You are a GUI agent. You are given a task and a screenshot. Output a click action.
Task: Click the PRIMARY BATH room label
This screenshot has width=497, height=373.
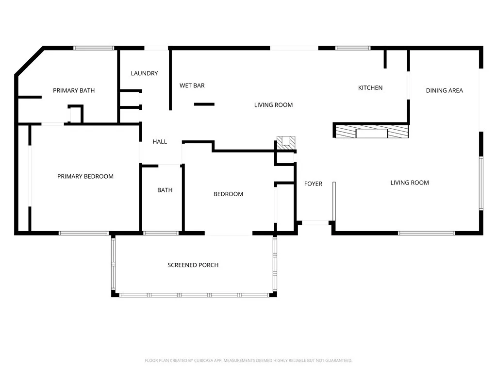point(74,90)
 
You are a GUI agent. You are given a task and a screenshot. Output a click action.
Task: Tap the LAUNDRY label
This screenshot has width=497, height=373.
point(144,73)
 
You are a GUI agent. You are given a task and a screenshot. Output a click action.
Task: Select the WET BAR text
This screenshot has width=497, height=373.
point(192,85)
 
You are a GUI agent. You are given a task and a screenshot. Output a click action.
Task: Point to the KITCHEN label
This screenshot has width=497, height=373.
point(370,88)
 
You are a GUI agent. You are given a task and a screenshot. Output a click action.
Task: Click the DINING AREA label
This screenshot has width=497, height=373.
point(444,90)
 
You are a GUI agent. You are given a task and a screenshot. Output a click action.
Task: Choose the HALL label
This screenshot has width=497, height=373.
point(160,142)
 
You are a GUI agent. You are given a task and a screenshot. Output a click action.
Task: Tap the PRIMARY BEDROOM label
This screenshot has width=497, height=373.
point(85,176)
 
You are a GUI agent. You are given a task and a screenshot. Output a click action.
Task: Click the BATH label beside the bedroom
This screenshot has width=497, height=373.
point(165,190)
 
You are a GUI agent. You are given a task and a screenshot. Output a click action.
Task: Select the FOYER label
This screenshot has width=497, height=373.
point(313,184)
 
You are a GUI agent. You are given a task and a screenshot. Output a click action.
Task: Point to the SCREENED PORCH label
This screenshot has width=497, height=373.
point(193,265)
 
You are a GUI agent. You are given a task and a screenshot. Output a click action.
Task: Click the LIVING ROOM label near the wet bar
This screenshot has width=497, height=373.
point(273,105)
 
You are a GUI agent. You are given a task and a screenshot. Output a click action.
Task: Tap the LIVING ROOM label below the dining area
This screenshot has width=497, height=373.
point(410,183)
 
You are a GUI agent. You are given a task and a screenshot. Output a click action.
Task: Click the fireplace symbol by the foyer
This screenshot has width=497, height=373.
point(286,142)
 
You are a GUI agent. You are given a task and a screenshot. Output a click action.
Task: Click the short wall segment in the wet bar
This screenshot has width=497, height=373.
point(204,104)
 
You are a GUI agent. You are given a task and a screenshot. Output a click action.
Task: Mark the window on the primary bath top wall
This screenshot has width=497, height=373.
point(94,48)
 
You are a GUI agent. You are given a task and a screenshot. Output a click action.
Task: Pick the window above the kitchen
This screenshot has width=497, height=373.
point(353,48)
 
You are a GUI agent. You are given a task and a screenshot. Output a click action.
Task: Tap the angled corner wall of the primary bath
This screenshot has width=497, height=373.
point(29,61)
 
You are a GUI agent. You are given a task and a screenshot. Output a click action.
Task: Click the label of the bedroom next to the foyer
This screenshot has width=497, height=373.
point(228,194)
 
